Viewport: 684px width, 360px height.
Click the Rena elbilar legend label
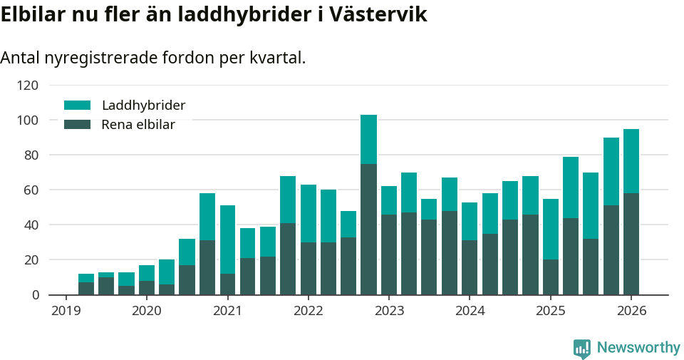pos(138,125)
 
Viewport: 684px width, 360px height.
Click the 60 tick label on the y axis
pos(31,190)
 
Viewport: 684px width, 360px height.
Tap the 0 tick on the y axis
pos(35,295)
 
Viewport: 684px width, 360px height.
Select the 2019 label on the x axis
pos(66,312)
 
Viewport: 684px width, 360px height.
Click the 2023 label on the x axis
pos(389,312)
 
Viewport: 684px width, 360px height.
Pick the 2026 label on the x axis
pos(631,312)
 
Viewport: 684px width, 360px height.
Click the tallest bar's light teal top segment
pos(368,139)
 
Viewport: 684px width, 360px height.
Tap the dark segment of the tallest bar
pos(368,229)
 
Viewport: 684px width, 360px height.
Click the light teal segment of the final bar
pos(631,161)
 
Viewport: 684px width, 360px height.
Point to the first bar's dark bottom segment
pos(86,289)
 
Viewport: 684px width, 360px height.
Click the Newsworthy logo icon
pos(582,348)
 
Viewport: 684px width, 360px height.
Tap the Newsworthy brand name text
pos(638,348)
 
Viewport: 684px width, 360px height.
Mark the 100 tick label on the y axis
pos(28,120)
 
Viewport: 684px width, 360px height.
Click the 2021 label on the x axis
pos(227,312)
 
